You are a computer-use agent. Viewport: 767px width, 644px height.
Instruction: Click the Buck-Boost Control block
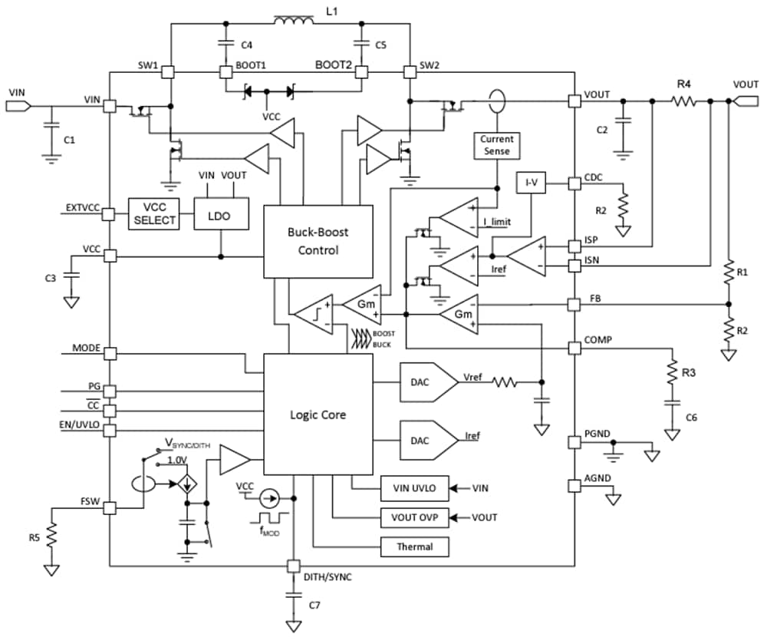tap(318, 240)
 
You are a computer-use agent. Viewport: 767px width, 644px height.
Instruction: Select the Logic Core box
tap(318, 414)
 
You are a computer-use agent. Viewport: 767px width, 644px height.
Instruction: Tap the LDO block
tap(222, 216)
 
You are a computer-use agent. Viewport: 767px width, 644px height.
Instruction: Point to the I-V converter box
tap(531, 183)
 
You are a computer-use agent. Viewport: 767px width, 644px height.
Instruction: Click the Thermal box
tap(414, 547)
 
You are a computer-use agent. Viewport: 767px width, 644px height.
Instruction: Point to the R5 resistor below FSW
tap(52, 536)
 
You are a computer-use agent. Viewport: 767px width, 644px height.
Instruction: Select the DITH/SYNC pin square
tap(292, 566)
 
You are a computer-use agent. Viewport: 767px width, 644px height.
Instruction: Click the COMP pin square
tap(574, 348)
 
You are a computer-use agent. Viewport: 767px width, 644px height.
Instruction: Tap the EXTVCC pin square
tap(110, 214)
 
